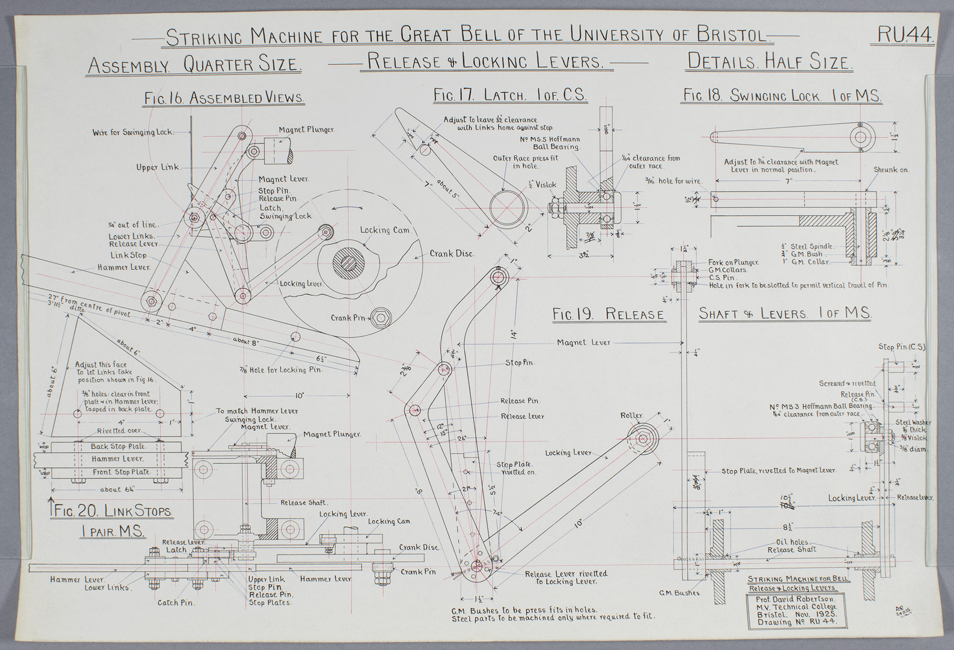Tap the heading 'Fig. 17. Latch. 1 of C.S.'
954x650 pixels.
pos(510,95)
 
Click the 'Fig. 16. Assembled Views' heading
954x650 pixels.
pos(224,98)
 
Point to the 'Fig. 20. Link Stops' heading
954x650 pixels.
pos(114,512)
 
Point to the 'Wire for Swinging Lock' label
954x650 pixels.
pos(133,132)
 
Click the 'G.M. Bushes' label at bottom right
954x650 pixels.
pos(679,593)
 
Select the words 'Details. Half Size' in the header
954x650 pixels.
pos(768,62)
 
